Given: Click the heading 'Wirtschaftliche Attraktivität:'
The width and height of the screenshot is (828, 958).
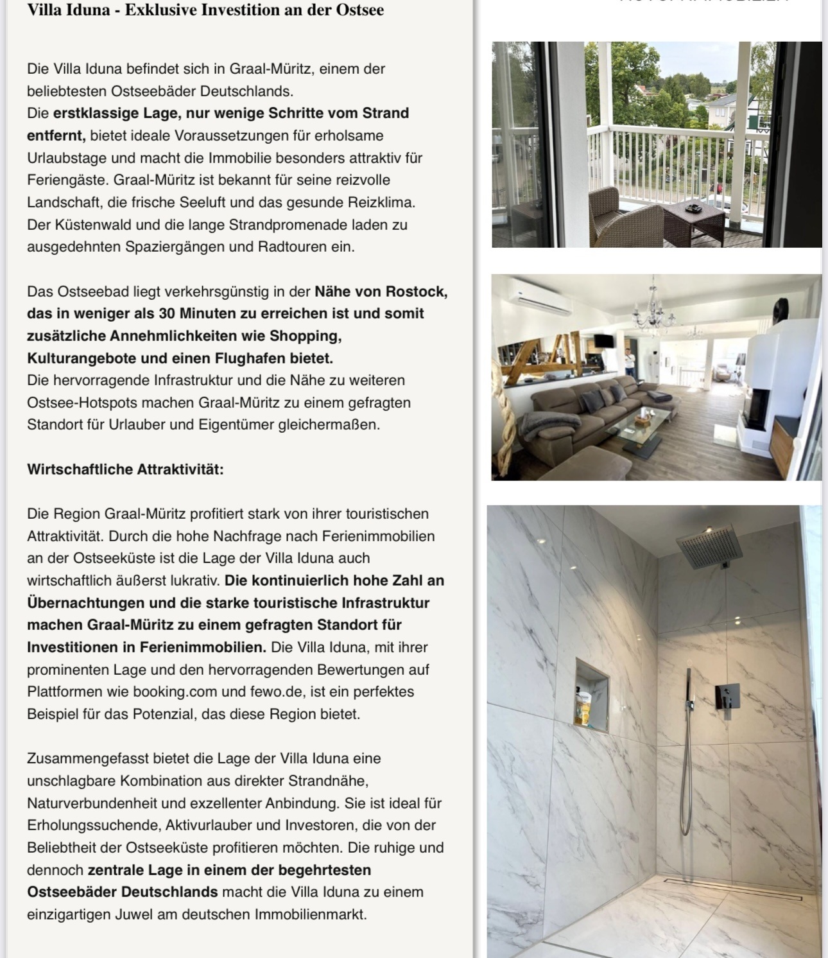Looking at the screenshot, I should [x=125, y=469].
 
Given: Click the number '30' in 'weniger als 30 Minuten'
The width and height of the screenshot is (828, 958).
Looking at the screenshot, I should [x=165, y=313].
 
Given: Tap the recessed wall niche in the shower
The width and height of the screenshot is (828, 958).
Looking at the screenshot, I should [x=591, y=694].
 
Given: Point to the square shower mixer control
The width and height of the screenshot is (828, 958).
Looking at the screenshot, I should [x=727, y=695].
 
